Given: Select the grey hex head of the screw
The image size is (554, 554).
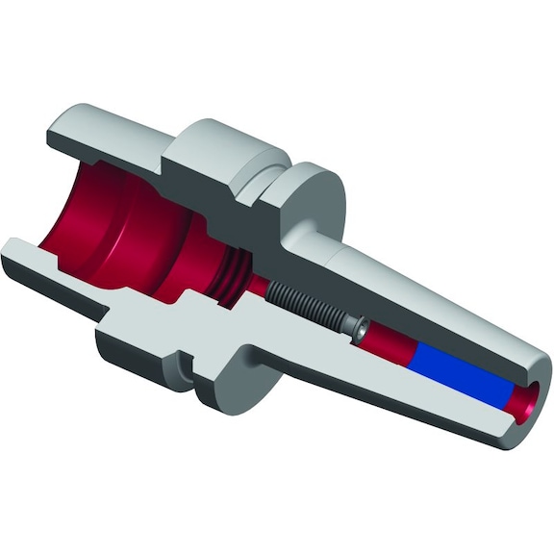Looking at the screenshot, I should [359, 329].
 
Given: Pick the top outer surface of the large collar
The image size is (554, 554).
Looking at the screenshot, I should [226, 135].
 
